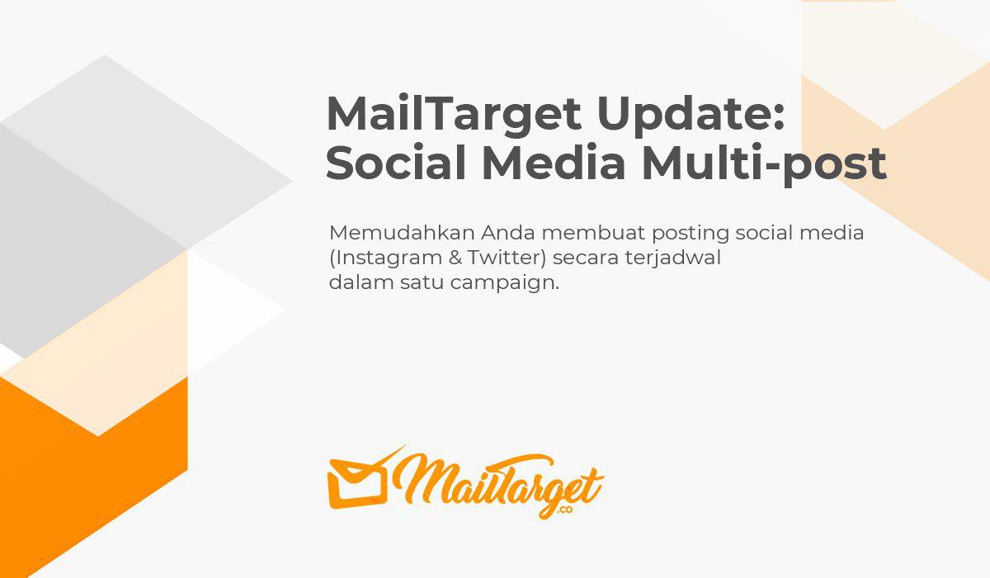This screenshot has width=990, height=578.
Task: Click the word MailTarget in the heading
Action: (454, 115)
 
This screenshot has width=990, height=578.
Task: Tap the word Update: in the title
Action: (691, 115)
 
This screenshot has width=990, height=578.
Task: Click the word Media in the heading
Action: (554, 163)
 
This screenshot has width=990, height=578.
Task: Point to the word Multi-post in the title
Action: (765, 163)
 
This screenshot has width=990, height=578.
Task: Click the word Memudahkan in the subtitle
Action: (402, 233)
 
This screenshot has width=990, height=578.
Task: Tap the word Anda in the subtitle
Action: (508, 233)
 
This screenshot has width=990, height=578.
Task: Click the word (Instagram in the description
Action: (385, 258)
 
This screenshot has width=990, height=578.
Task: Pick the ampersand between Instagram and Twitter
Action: (455, 258)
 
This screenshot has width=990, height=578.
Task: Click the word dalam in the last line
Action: (361, 282)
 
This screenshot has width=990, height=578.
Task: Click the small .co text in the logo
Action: (565, 509)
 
